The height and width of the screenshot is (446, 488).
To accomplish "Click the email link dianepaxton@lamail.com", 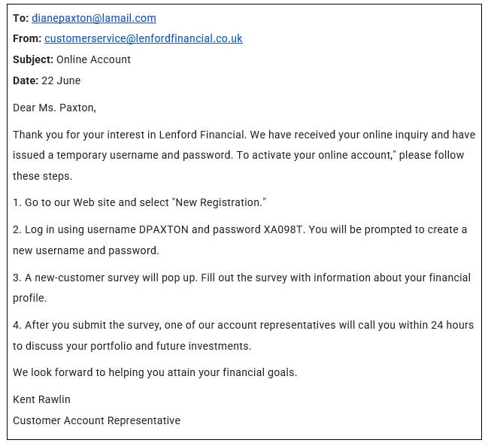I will [93, 18].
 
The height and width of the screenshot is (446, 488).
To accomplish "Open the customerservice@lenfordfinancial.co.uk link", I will [143, 38].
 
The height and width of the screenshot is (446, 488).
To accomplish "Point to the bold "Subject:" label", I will [33, 59].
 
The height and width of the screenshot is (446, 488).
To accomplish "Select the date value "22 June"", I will [61, 80].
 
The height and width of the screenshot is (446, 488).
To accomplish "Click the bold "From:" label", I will [27, 38].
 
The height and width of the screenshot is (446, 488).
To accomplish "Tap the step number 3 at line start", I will [16, 278].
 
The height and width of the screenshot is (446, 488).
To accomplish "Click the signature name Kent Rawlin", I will [41, 399].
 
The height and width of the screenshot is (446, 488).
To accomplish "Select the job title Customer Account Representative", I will [96, 420].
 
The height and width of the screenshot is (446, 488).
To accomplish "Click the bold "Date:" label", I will [26, 80].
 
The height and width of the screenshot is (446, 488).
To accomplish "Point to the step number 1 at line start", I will [16, 203].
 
